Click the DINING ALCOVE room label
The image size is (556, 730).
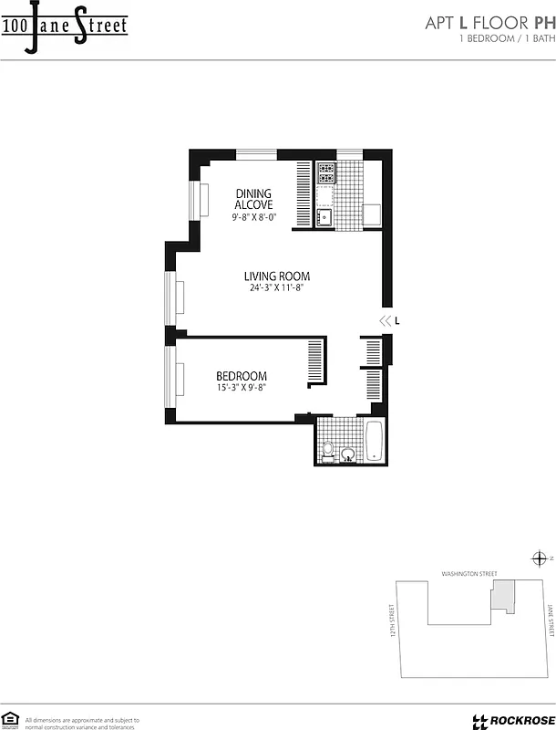tap(254, 199)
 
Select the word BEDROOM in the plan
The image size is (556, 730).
tap(241, 376)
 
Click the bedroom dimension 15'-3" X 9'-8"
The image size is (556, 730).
tap(241, 387)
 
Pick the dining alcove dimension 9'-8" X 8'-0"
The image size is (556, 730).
tap(254, 217)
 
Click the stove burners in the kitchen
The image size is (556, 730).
tap(326, 171)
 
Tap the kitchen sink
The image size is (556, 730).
tap(324, 217)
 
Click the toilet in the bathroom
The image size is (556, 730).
tap(328, 449)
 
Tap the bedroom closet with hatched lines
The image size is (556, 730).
tap(315, 363)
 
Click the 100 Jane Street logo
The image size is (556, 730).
tap(64, 25)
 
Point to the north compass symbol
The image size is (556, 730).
tap(539, 558)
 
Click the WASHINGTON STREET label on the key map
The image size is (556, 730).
tap(468, 574)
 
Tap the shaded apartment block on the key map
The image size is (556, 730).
tap(502, 598)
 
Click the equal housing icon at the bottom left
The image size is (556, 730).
tap(11, 718)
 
